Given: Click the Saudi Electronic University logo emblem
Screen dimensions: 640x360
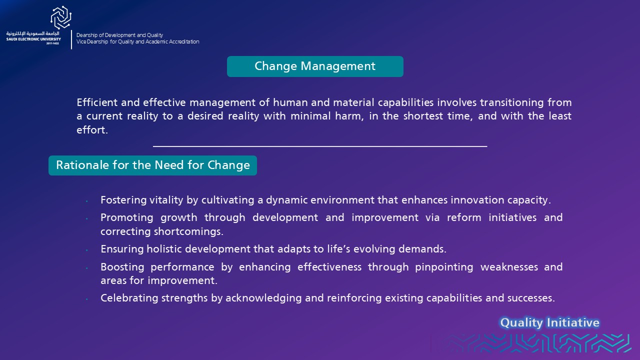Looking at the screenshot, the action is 61,17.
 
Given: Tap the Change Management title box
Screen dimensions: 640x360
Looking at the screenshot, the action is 315,66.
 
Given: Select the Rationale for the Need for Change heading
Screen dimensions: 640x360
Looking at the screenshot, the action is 152,165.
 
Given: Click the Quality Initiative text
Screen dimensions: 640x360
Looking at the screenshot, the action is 549,322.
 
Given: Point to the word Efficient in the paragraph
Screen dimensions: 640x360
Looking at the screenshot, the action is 97,102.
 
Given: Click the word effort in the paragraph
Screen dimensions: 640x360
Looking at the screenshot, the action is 91,130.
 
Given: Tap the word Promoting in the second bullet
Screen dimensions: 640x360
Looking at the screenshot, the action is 127,217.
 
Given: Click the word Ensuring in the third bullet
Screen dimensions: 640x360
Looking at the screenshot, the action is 122,249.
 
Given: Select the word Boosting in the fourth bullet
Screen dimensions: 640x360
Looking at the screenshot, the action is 122,267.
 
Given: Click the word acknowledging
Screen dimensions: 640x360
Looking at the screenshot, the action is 263,298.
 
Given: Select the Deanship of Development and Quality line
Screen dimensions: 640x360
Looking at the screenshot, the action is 119,35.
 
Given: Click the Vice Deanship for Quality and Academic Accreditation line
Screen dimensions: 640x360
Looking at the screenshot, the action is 137,41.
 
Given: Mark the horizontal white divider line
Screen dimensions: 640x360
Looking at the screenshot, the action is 320,146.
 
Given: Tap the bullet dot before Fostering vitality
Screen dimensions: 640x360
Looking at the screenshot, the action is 86,201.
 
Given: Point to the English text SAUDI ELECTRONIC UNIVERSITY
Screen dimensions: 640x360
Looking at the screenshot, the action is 33,39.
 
